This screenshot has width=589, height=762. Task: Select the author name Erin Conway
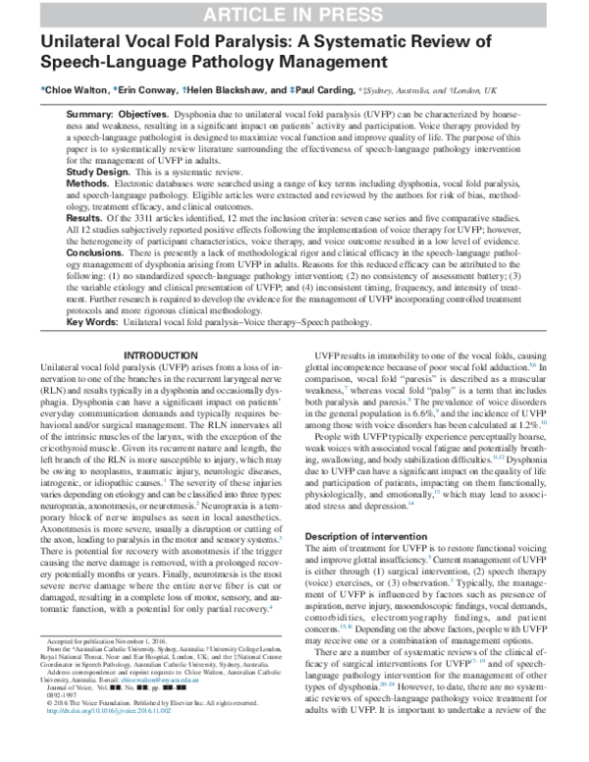click(146, 88)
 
